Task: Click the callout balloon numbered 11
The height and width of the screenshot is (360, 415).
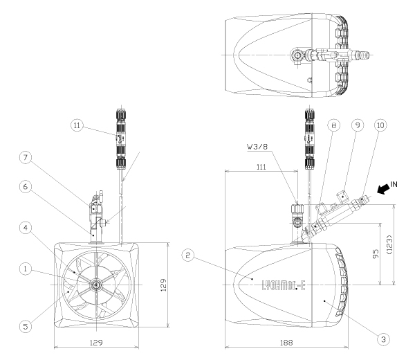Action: coord(77,125)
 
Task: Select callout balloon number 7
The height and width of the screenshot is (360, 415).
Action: coord(26,158)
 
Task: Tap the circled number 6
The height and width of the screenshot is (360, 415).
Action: coord(26,187)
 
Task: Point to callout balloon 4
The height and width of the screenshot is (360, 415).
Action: coord(26,228)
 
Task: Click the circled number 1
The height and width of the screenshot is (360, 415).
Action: coord(26,269)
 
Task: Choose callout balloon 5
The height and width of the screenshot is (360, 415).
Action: coord(26,326)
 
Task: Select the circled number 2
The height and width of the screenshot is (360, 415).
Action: coord(188,255)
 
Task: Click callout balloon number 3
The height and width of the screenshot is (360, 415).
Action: coord(383,339)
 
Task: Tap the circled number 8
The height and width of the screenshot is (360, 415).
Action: coord(334,125)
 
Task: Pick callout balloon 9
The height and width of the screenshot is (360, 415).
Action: coord(358,125)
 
